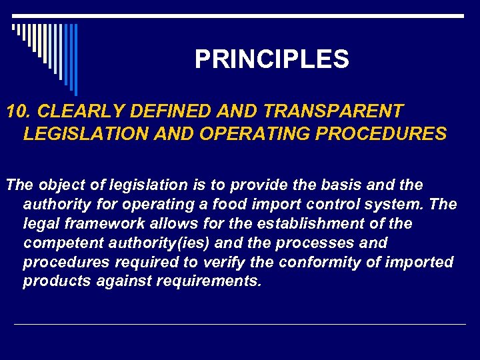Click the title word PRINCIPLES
(x=271, y=60)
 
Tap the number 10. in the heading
(x=19, y=111)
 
